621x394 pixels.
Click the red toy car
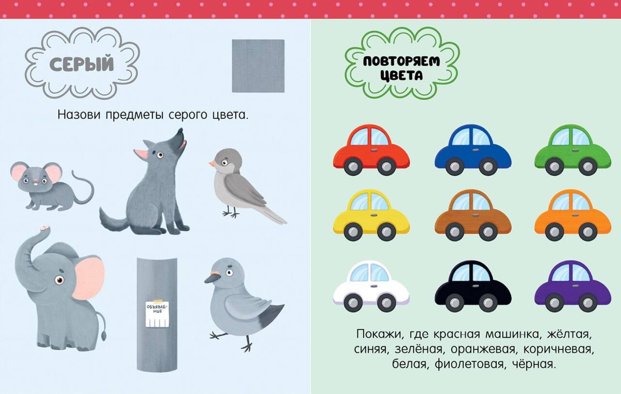tap(372, 150)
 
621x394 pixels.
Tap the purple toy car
tap(573, 286)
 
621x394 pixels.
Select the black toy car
tap(473, 286)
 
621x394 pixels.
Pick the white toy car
tap(372, 286)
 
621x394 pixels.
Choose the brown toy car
tap(473, 215)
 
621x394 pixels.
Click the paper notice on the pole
tap(158, 313)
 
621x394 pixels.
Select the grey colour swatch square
tap(258, 66)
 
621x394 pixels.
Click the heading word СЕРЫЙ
tap(82, 64)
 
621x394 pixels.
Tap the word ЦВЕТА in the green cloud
tap(401, 75)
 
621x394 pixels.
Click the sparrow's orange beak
tap(212, 164)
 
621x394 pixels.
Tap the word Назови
tap(79, 115)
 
